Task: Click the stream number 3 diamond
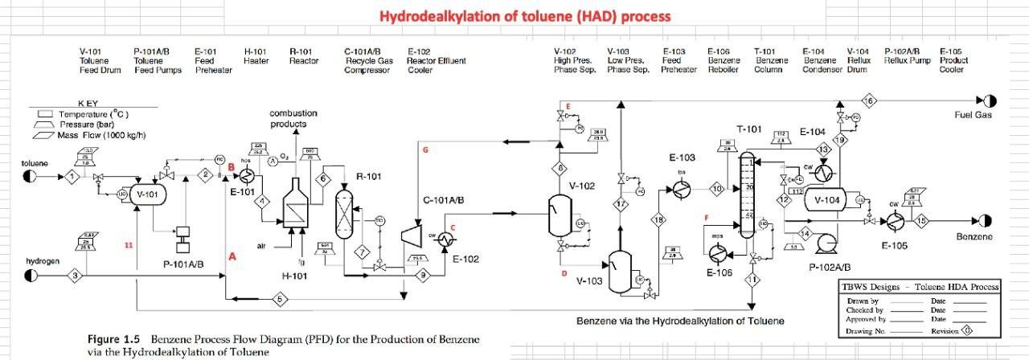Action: (x=76, y=276)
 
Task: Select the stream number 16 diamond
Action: (x=868, y=100)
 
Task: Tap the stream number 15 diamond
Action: (x=921, y=220)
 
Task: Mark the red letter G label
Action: (x=425, y=150)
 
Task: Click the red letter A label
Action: (x=232, y=256)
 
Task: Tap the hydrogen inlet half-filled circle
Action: (x=31, y=276)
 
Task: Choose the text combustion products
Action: (x=293, y=119)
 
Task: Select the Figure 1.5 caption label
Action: (x=112, y=339)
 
